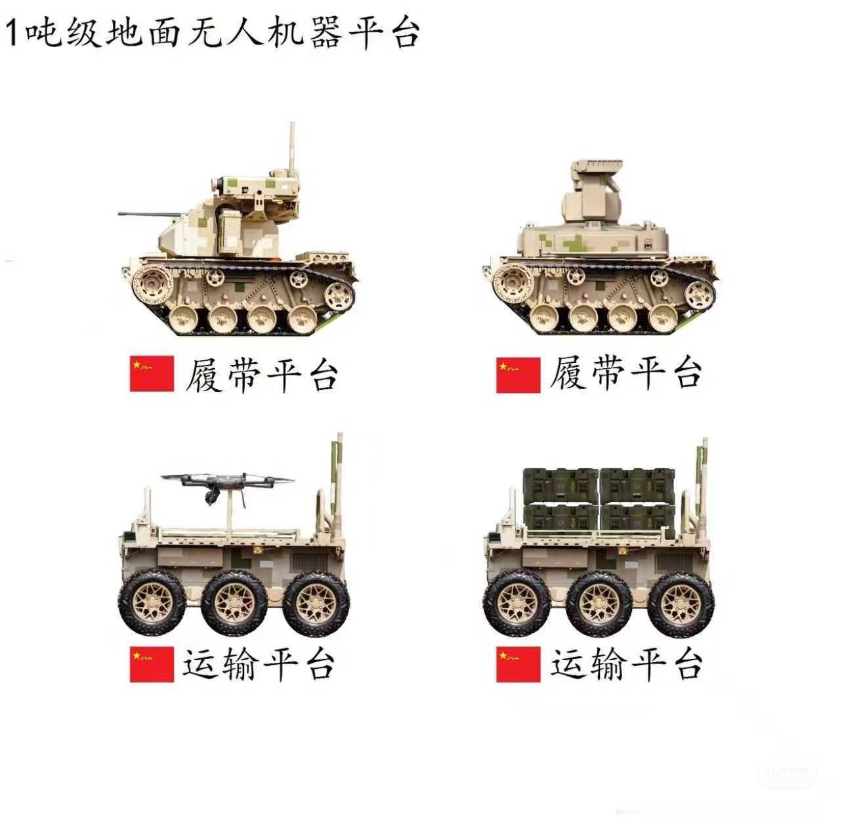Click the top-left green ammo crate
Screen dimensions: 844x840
pyautogui.click(x=561, y=486)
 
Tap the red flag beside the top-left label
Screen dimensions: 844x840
pyautogui.click(x=152, y=373)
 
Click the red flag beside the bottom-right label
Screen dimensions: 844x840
pyautogui.click(x=518, y=664)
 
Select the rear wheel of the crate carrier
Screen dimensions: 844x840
pyautogui.click(x=681, y=604)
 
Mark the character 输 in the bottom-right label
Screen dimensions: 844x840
pyautogui.click(x=607, y=665)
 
